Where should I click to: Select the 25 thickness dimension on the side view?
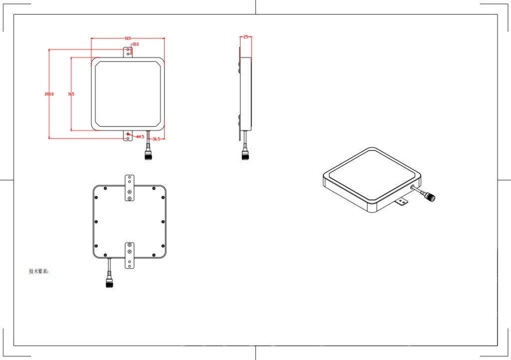pyautogui.click(x=246, y=37)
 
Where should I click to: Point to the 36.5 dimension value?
pyautogui.click(x=156, y=139)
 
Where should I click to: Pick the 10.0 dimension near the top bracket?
pyautogui.click(x=135, y=44)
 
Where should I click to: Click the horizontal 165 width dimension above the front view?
pyautogui.click(x=128, y=38)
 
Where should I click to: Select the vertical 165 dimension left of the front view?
pyautogui.click(x=71, y=94)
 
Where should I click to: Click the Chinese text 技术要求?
pyautogui.click(x=39, y=271)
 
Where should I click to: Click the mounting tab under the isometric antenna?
pyautogui.click(x=401, y=202)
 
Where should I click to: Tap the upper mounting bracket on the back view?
pyautogui.click(x=129, y=188)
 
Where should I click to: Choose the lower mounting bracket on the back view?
pyautogui.click(x=129, y=254)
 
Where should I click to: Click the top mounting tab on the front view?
pyautogui.click(x=128, y=52)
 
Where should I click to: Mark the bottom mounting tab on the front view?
pyautogui.click(x=128, y=136)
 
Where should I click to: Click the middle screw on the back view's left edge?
pyautogui.click(x=96, y=222)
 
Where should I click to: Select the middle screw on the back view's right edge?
pyautogui.click(x=163, y=222)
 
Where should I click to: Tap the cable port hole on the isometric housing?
pyautogui.click(x=412, y=188)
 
